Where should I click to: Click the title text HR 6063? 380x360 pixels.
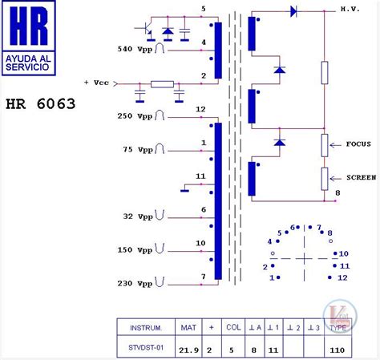[x=39, y=103]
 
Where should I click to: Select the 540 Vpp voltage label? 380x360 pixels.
[x=134, y=49]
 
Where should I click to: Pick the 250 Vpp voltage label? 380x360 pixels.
[x=134, y=116]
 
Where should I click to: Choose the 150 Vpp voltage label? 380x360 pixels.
[x=134, y=249]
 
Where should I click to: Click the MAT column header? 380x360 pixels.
[x=188, y=328]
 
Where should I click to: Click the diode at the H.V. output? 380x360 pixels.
[x=293, y=11]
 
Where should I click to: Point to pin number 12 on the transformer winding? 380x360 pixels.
[x=200, y=109]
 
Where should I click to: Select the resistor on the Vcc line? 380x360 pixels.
[x=163, y=83]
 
